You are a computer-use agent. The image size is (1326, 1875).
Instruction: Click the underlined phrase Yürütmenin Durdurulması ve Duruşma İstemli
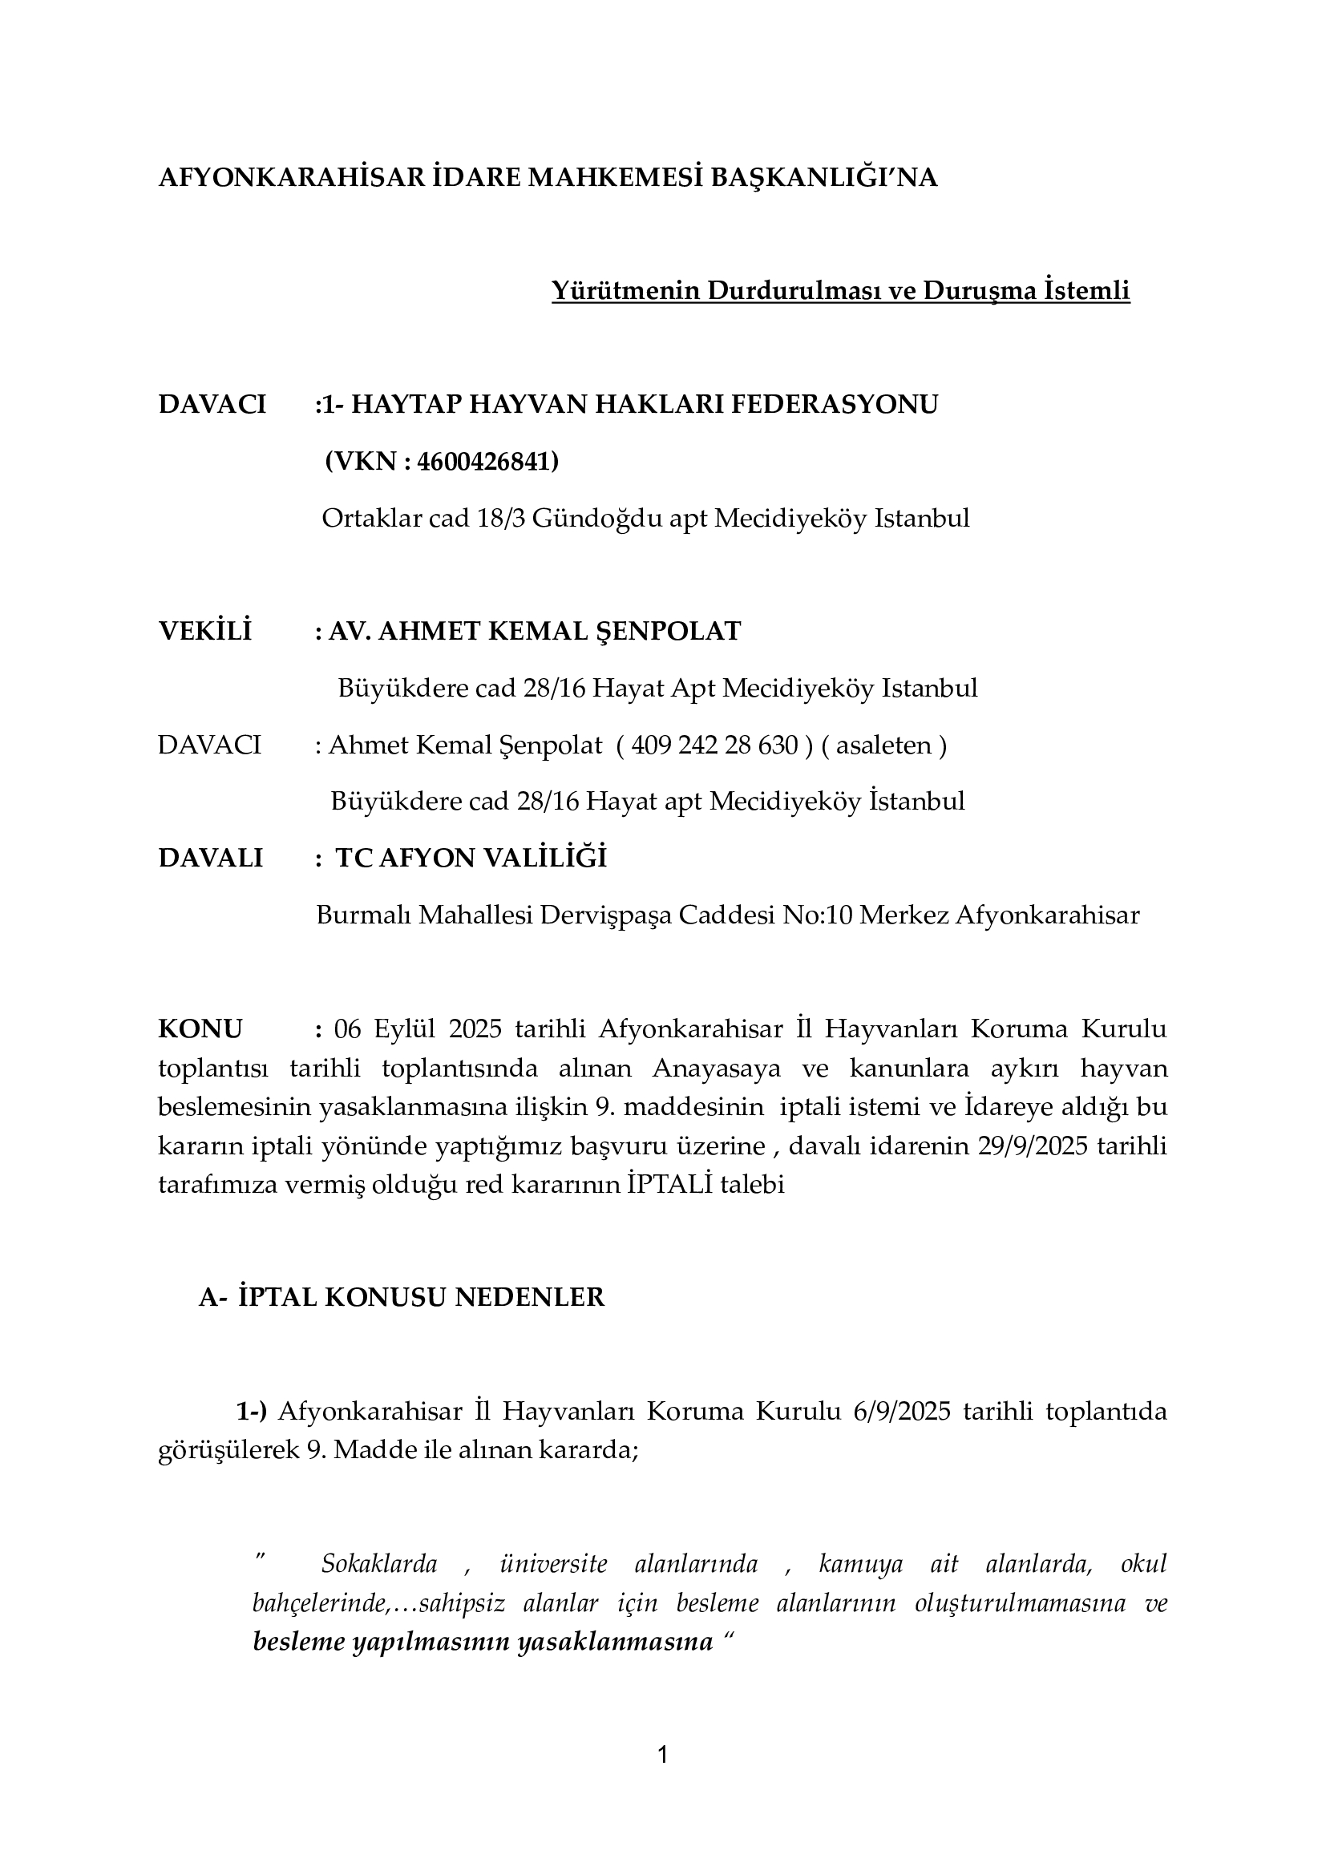(x=840, y=291)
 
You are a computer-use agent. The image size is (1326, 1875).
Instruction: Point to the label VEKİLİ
(x=205, y=631)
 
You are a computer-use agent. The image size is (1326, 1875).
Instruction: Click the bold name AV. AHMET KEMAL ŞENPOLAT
(x=534, y=631)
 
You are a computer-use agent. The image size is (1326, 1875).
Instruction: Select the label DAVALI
(x=211, y=859)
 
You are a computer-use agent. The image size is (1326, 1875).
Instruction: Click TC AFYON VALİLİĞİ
(x=471, y=859)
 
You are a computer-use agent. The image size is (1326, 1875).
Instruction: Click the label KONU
(x=200, y=1029)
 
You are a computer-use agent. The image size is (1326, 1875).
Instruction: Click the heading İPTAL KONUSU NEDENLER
(x=422, y=1298)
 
